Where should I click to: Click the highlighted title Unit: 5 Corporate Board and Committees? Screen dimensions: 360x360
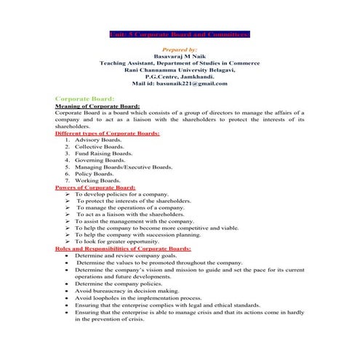(x=180, y=33)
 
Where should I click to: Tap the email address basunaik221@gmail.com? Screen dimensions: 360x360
(x=180, y=84)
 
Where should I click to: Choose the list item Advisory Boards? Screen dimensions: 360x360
(x=93, y=140)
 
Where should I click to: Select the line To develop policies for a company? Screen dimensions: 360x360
(x=121, y=194)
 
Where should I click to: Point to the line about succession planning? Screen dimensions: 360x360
(x=137, y=235)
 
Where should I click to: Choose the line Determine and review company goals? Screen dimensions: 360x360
(x=130, y=256)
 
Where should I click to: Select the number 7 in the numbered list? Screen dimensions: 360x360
(x=67, y=180)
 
